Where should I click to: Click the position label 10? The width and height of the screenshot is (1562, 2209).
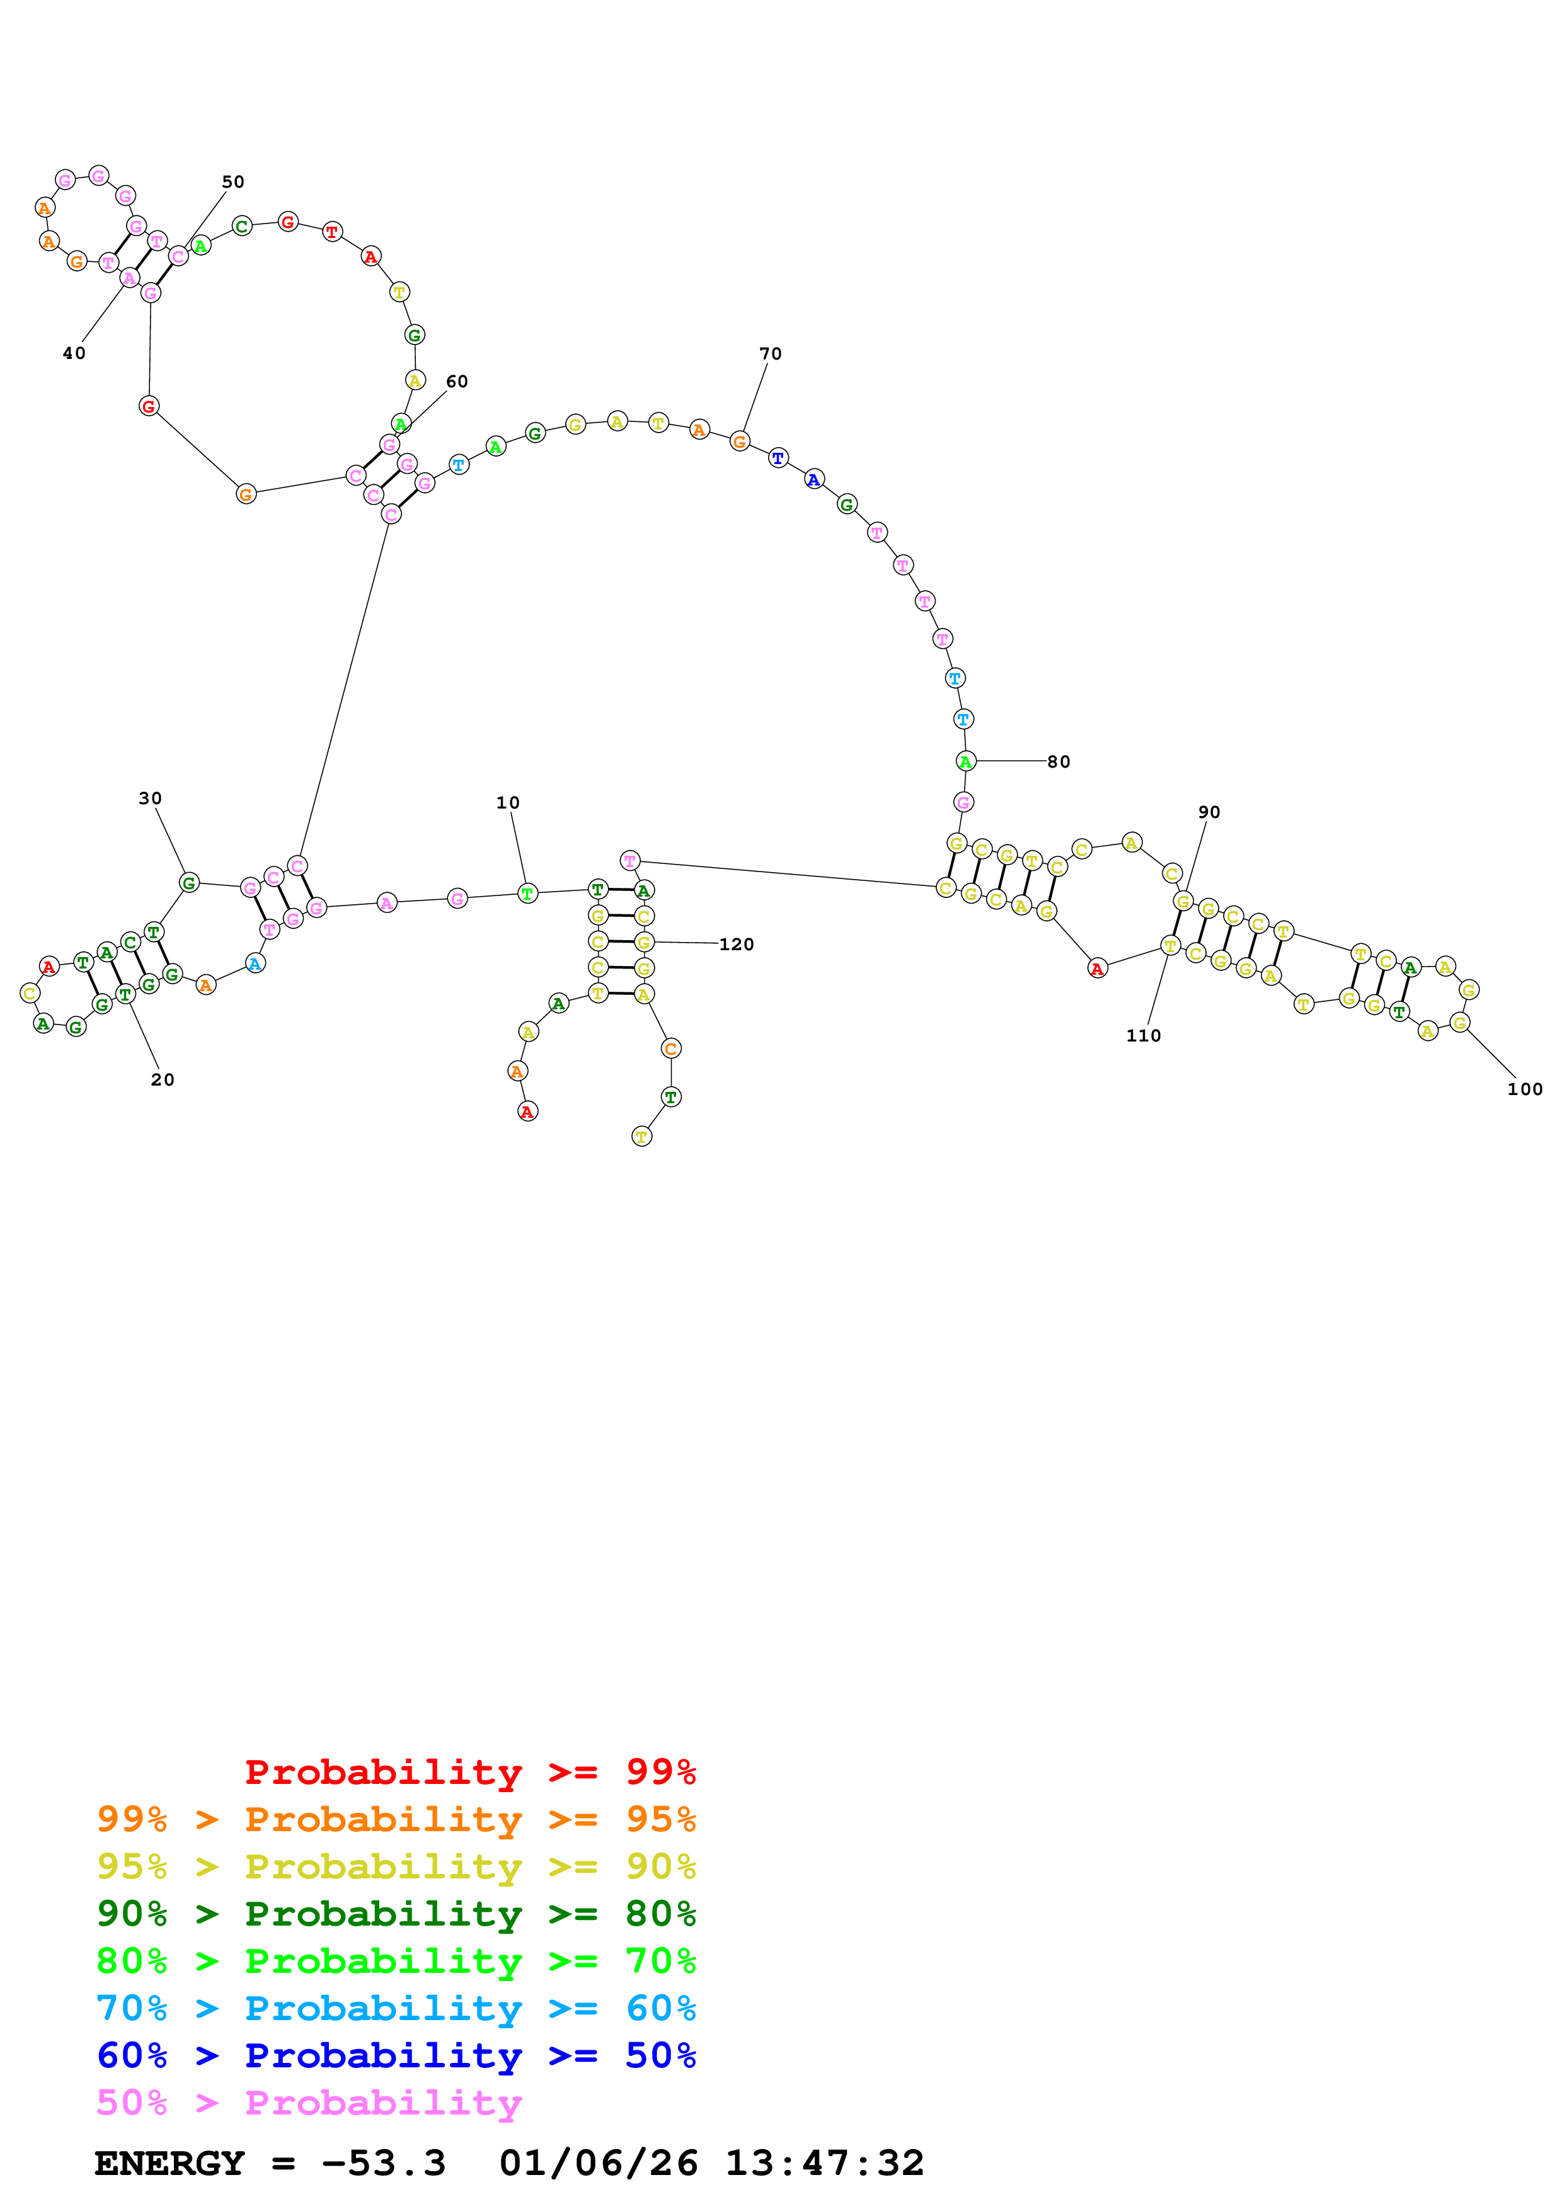pos(507,802)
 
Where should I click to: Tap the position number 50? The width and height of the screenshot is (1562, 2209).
pos(233,182)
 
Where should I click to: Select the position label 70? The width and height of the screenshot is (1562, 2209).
pos(770,354)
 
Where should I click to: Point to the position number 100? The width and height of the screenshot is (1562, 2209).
pos(1524,1089)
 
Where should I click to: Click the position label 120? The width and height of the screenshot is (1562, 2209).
pos(736,945)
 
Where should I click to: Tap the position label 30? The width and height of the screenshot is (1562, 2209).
pos(150,798)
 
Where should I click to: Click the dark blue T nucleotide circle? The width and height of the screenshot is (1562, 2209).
pos(778,458)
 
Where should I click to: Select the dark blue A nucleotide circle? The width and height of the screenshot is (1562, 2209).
pos(814,479)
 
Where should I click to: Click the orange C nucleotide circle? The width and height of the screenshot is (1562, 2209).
pos(671,1048)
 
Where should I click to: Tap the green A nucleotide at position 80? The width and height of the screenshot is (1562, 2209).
pos(965,761)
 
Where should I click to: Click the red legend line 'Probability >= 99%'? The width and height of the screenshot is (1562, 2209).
pos(469,1772)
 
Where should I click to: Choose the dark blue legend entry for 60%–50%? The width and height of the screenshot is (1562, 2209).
pos(396,2055)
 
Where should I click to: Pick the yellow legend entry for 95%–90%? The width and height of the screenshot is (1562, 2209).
pos(396,1866)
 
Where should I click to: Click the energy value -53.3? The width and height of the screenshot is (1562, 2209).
pos(383,2163)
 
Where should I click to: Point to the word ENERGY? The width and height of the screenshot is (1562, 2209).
pos(169,2163)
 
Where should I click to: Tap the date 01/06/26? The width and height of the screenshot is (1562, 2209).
pos(598,2163)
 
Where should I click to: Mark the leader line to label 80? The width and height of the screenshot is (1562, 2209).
pos(1011,761)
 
